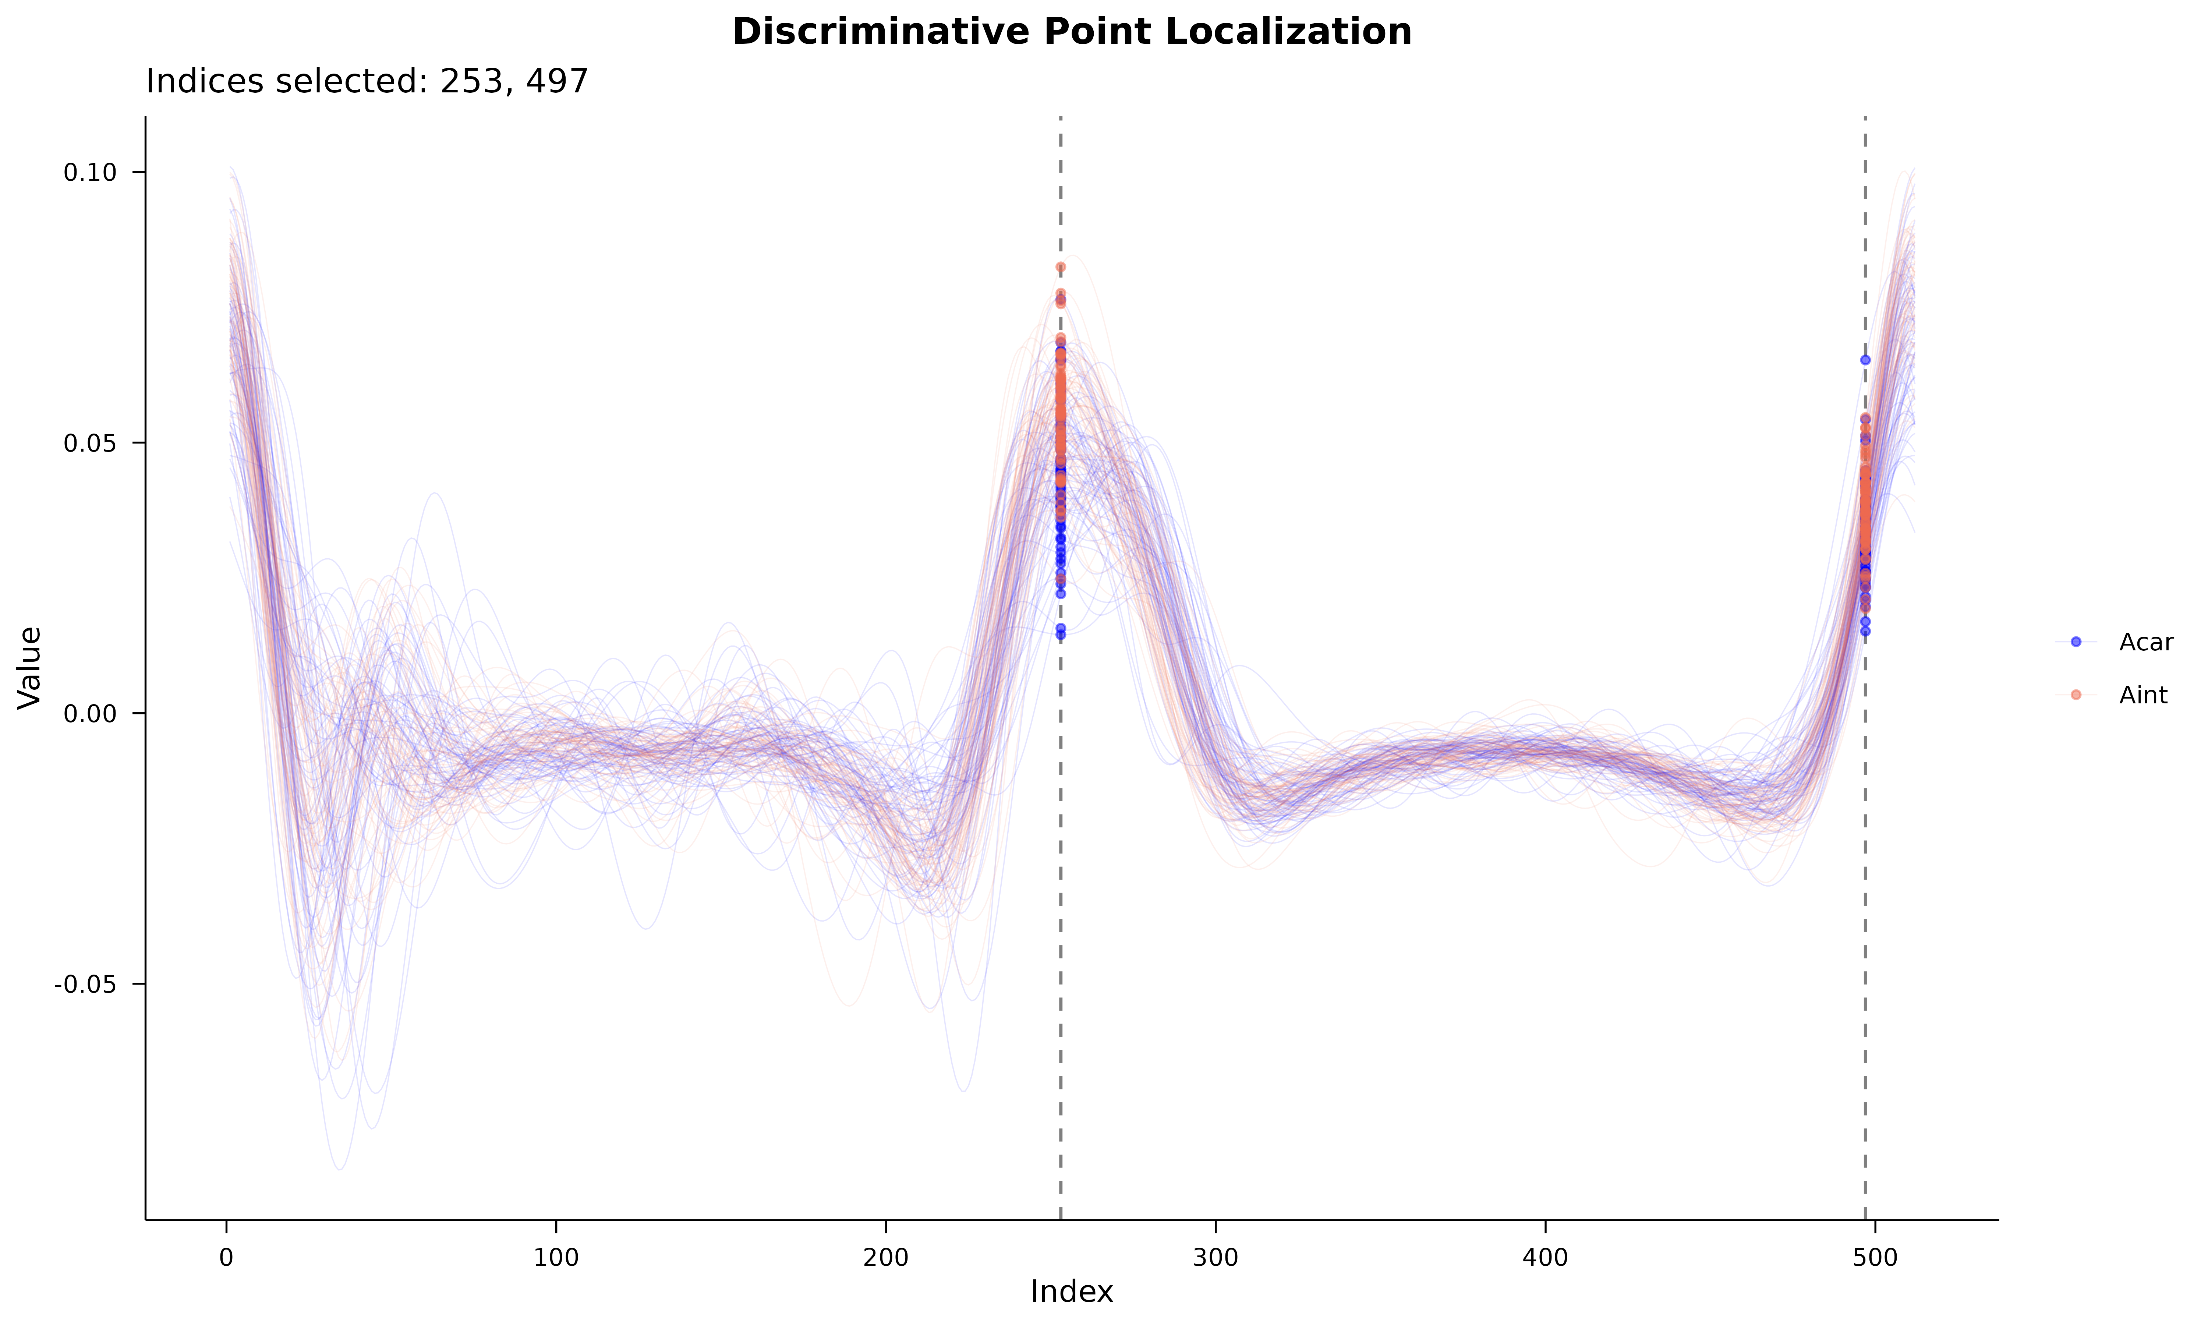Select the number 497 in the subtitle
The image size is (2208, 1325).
click(557, 81)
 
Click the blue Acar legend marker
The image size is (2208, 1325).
click(2075, 642)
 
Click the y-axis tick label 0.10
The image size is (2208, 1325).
click(90, 172)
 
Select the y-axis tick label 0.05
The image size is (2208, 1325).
click(90, 443)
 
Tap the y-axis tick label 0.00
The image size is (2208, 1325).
click(90, 713)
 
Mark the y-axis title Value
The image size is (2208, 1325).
click(29, 668)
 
